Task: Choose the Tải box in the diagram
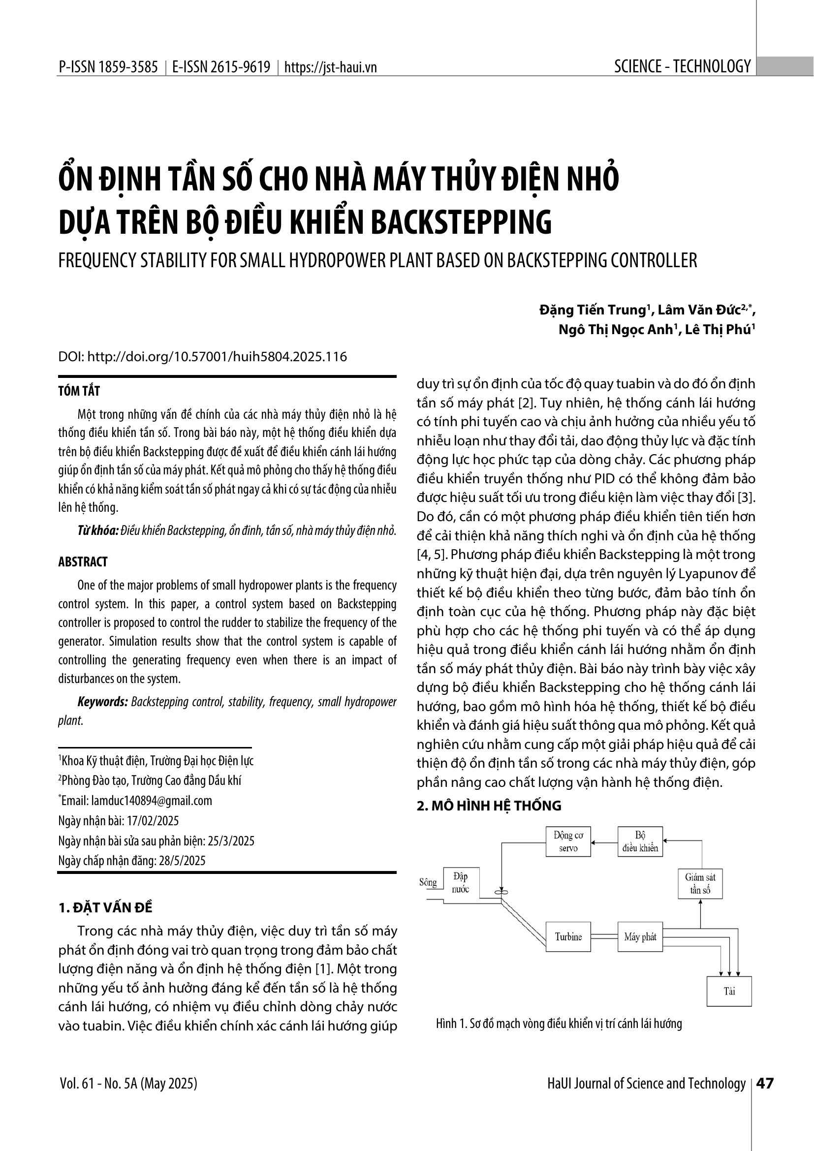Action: coord(729,991)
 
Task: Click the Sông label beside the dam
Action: coord(428,883)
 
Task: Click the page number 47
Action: coord(764,1083)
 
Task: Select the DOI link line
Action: coord(202,357)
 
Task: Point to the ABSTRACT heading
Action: coord(83,562)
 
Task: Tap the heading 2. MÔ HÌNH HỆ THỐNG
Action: coord(489,806)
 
